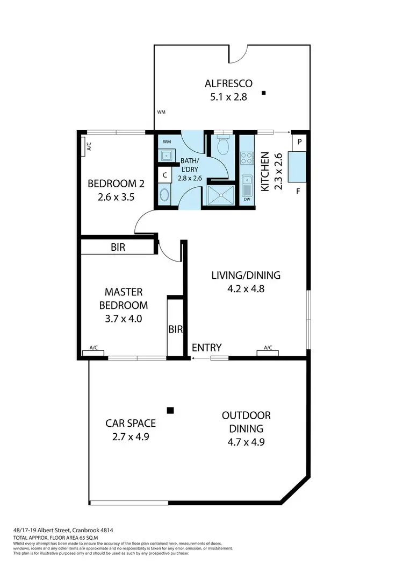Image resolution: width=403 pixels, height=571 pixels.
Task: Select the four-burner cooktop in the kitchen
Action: click(247, 158)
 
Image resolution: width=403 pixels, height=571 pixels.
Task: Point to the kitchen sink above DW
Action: click(247, 187)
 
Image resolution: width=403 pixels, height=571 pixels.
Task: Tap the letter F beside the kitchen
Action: click(298, 191)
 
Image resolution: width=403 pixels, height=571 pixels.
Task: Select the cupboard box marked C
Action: click(165, 175)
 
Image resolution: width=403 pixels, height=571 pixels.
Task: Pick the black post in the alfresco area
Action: click(264, 93)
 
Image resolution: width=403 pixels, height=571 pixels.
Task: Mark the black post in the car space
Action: click(170, 411)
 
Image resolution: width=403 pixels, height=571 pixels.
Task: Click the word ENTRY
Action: click(206, 348)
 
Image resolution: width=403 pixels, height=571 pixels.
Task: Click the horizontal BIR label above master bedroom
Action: click(118, 248)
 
